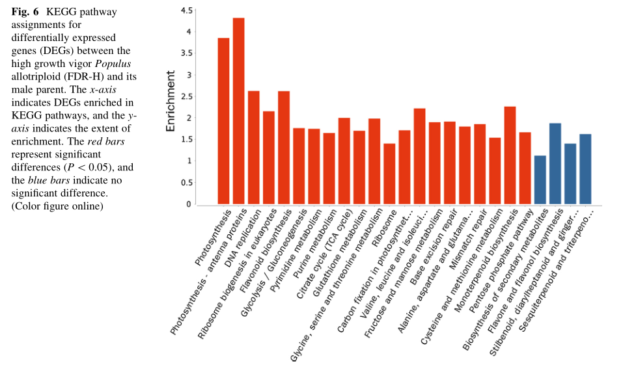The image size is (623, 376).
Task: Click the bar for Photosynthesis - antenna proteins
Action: (x=238, y=111)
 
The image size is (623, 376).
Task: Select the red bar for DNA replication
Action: (x=254, y=147)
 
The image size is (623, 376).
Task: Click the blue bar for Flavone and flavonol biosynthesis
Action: (x=555, y=163)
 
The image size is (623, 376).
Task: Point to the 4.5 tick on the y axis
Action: (x=186, y=10)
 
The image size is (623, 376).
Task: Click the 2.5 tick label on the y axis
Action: (x=186, y=96)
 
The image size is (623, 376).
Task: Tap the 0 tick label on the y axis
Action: (x=189, y=204)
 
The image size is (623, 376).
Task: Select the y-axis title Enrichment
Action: (x=171, y=101)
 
